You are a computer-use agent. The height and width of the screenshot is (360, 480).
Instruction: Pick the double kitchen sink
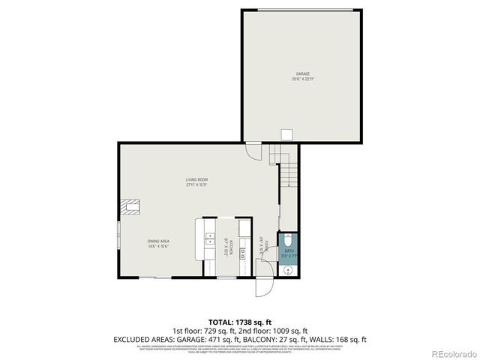(209, 241)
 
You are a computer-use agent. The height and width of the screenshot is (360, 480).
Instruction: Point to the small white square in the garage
(286, 134)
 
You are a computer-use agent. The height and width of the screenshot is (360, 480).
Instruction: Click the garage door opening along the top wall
(301, 10)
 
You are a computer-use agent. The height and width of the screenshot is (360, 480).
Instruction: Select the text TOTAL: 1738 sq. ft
(239, 320)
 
